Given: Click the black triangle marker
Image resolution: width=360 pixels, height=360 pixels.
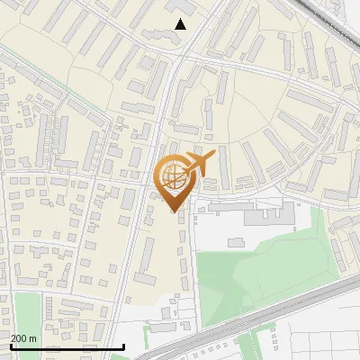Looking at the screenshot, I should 181,24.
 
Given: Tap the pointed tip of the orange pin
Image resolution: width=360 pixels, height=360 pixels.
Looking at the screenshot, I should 174,212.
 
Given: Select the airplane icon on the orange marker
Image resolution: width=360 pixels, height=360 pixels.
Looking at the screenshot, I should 200,165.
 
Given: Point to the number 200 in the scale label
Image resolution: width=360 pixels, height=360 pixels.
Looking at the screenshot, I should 20,337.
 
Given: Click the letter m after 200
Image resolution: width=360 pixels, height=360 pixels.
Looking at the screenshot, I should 33,337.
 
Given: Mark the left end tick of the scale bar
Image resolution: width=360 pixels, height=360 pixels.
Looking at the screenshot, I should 10,346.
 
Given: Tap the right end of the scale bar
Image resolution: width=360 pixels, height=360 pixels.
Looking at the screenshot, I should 123,346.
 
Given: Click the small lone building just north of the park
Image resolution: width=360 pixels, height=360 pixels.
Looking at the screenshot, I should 237,241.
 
